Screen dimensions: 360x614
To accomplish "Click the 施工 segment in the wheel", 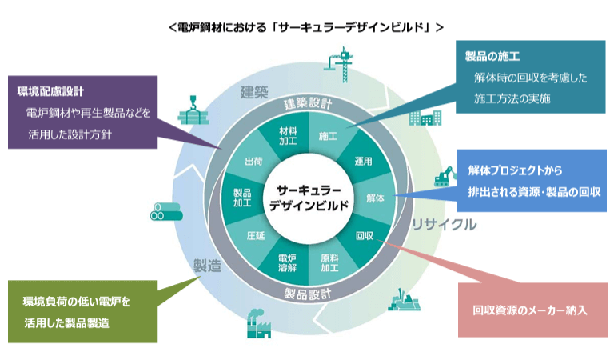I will pyautogui.click(x=328, y=135).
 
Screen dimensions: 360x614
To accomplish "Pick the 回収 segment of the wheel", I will pyautogui.click(x=365, y=235).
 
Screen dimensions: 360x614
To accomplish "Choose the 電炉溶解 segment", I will pyautogui.click(x=287, y=263).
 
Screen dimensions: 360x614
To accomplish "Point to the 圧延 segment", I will pyautogui.click(x=254, y=236).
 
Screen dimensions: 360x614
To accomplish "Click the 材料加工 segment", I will pyautogui.click(x=288, y=135).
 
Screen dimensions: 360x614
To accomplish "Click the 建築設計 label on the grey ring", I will pyautogui.click(x=308, y=104).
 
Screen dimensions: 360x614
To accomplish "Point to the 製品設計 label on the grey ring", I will pyautogui.click(x=309, y=293).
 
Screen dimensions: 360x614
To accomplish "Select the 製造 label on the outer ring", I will pyautogui.click(x=206, y=265).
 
